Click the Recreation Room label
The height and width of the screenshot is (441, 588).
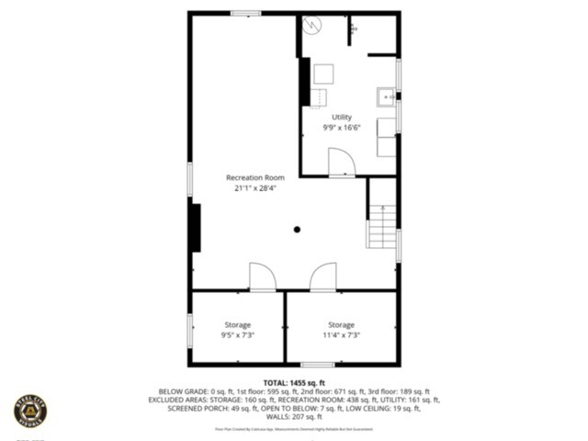coord(255,177)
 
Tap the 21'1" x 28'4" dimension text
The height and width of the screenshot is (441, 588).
coord(255,188)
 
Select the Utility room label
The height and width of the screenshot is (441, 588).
coord(341,118)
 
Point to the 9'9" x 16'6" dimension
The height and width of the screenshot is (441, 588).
coord(341,129)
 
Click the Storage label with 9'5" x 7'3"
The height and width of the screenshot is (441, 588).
coord(237,325)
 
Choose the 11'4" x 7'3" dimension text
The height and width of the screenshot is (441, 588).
coord(341,336)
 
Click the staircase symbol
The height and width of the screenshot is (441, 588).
coord(382,226)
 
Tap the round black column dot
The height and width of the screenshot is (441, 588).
coord(297,230)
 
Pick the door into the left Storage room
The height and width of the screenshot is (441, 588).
coord(261,277)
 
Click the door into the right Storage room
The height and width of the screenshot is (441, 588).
coord(322,277)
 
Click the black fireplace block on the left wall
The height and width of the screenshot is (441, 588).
coord(195,226)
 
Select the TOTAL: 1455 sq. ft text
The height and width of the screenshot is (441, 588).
coord(294,382)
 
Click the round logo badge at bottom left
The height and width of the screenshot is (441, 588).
coord(30,410)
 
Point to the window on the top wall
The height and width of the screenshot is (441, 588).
coord(245,13)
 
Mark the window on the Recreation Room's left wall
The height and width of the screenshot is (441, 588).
coord(190,178)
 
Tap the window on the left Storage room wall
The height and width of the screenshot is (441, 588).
coord(190,331)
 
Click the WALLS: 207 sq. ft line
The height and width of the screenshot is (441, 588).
coord(294,418)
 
